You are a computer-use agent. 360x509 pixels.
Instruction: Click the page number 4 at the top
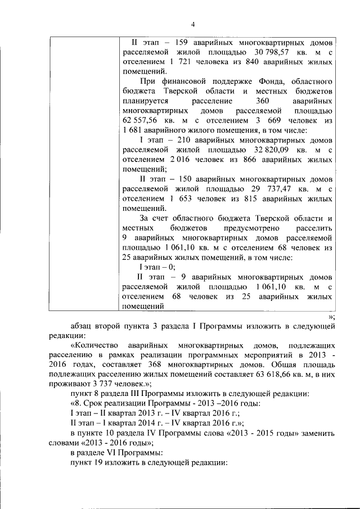coord(192,24)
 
